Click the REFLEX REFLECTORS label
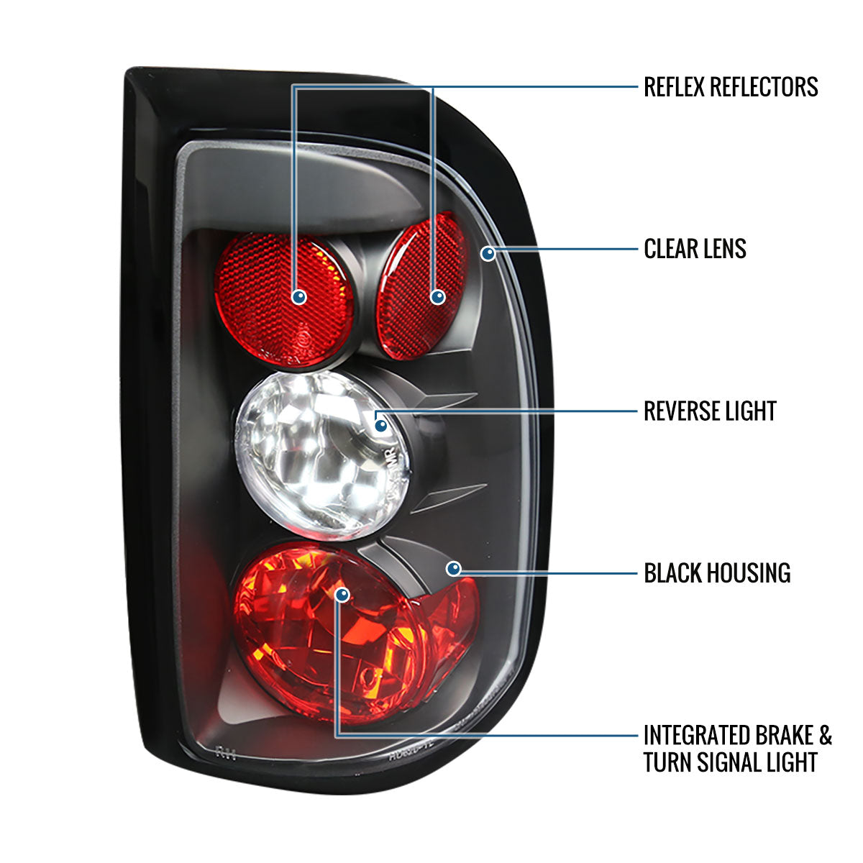pyautogui.click(x=731, y=87)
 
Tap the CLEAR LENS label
pyautogui.click(x=695, y=250)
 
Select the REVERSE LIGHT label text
pyautogui.click(x=710, y=411)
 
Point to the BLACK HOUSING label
pyautogui.click(x=717, y=573)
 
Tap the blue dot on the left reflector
pyautogui.click(x=299, y=296)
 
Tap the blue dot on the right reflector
pyautogui.click(x=437, y=296)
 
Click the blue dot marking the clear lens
pyautogui.click(x=488, y=253)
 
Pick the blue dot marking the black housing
pyautogui.click(x=453, y=570)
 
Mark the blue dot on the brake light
pyautogui.click(x=342, y=595)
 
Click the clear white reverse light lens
pyautogui.click(x=316, y=453)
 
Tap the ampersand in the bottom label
pyautogui.click(x=825, y=736)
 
